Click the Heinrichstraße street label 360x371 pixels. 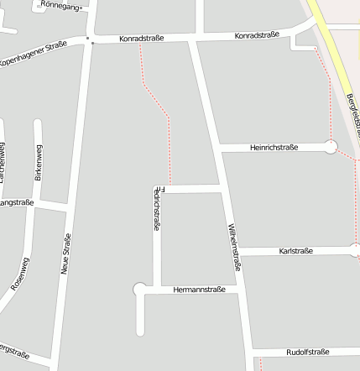click(274, 148)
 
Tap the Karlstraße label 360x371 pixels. click(295, 251)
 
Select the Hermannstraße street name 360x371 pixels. click(199, 290)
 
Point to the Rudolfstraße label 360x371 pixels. click(308, 352)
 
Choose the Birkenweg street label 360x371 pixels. click(38, 163)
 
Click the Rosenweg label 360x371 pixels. click(18, 274)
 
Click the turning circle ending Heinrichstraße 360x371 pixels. click(331, 147)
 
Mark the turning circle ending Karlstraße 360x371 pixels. click(355, 250)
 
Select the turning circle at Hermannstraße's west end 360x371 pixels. click(139, 290)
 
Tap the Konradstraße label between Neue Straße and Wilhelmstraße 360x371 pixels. click(142, 39)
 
